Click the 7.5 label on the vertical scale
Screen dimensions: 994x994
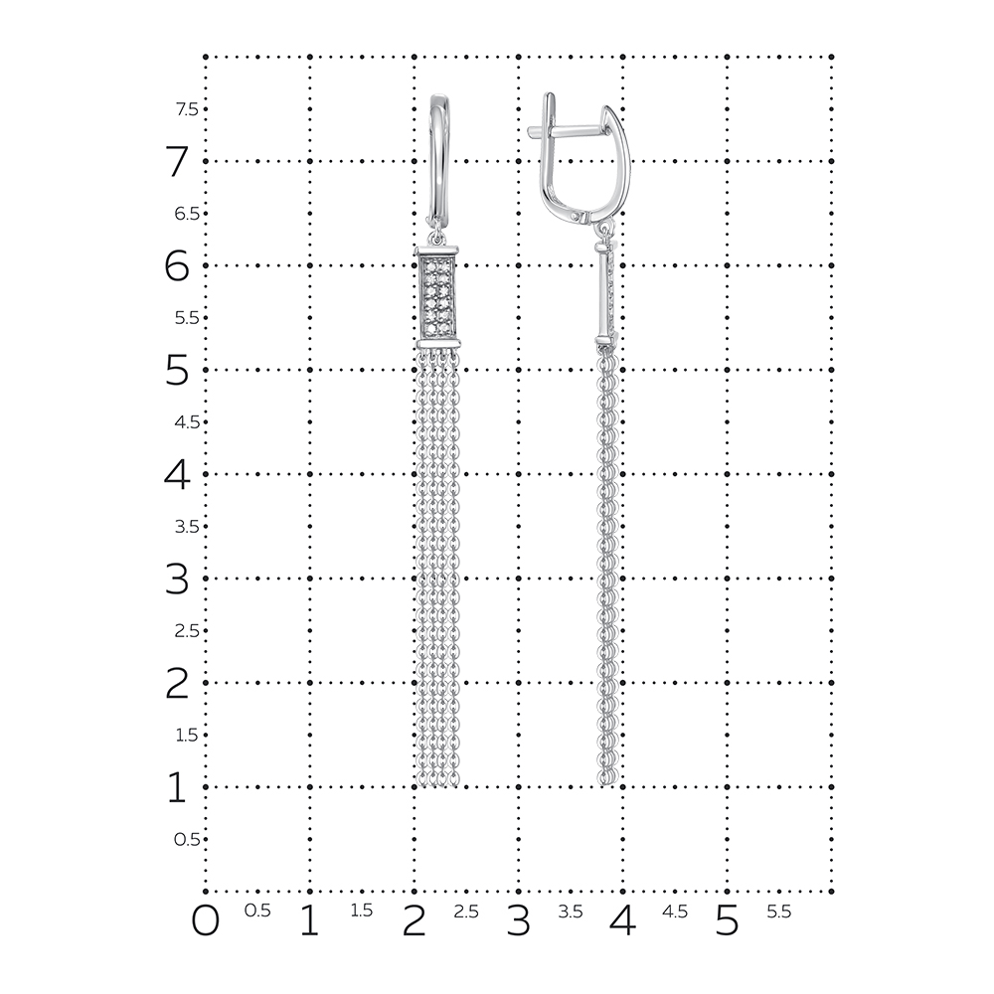click(187, 109)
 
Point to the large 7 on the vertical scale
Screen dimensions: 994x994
click(177, 162)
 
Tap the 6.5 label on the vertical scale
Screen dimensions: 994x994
click(187, 214)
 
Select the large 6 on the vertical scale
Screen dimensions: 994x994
click(177, 265)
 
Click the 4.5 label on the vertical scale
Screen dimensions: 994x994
click(187, 422)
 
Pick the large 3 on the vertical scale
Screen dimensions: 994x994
click(177, 579)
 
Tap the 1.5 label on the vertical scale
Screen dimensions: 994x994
click(187, 736)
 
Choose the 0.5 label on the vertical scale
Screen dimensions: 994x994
click(187, 839)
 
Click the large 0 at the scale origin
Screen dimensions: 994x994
click(206, 921)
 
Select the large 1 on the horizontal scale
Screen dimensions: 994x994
click(309, 921)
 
